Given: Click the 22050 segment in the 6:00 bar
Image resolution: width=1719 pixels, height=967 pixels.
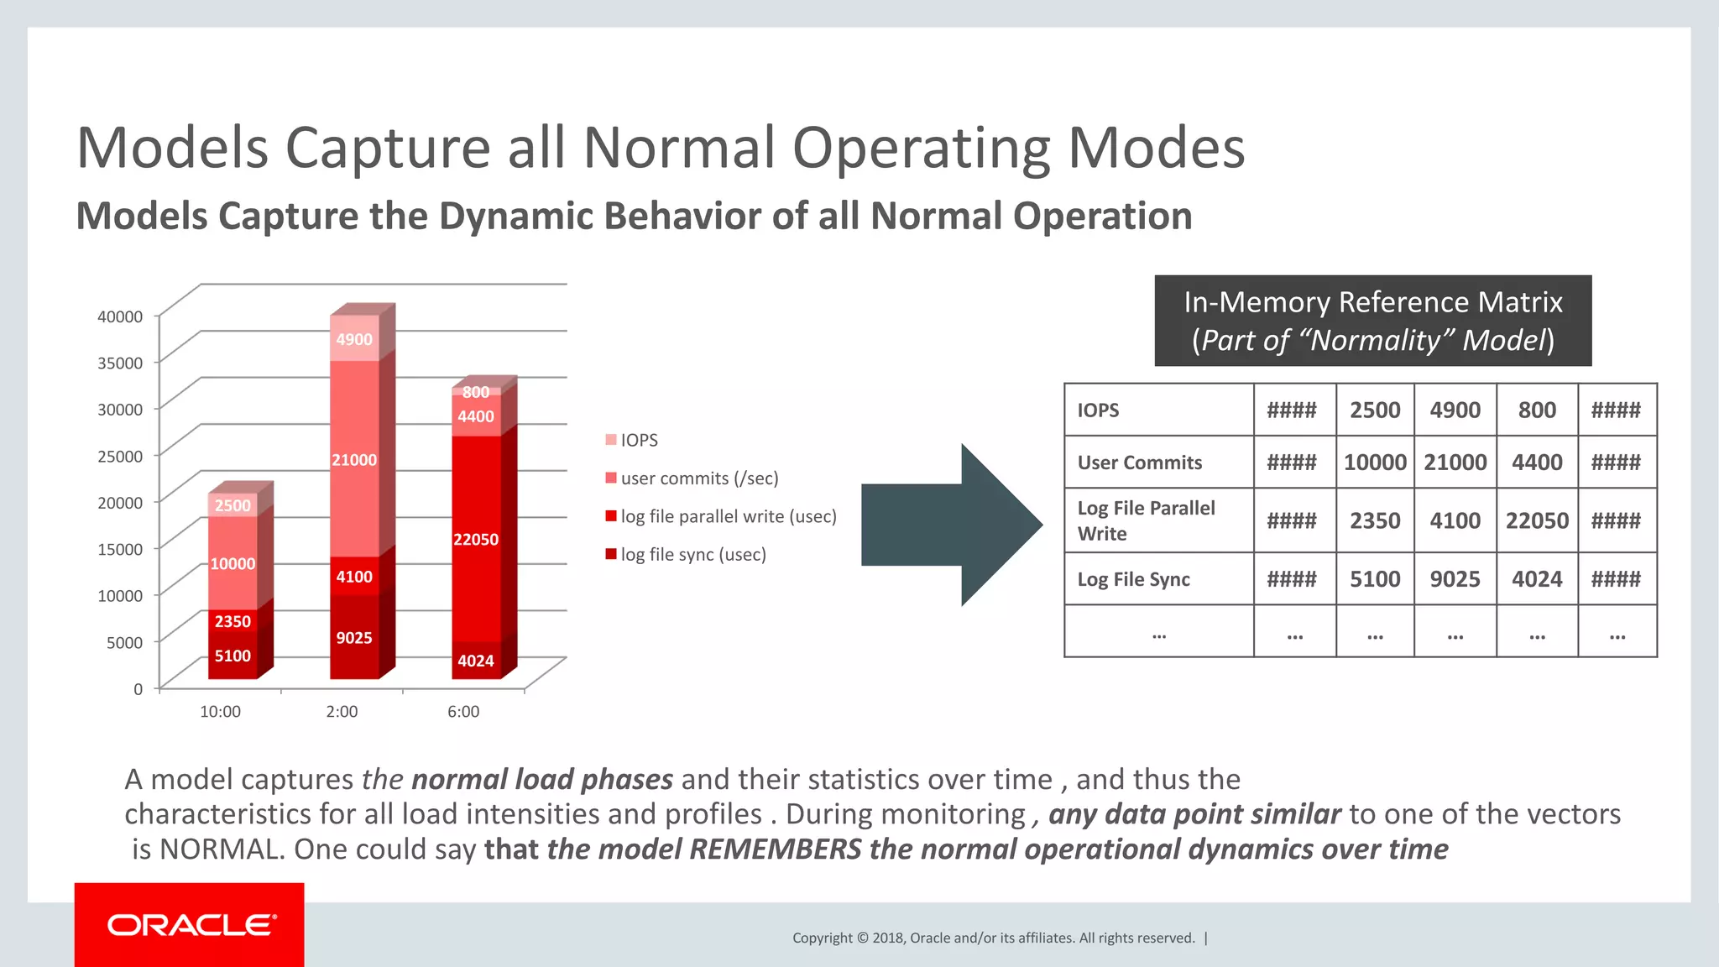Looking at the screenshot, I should (x=476, y=539).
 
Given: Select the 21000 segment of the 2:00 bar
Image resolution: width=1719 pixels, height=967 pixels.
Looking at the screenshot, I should (x=354, y=460).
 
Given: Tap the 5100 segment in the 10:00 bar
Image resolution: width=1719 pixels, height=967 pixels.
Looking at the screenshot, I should (x=233, y=656).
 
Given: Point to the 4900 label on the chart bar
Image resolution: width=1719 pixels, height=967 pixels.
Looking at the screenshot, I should (x=354, y=339).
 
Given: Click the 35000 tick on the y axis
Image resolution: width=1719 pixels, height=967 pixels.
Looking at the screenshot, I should (x=120, y=363).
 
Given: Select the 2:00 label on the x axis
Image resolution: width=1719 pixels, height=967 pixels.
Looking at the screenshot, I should (x=342, y=711).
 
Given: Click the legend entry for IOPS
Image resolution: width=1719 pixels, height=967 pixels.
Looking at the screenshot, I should (x=638, y=440).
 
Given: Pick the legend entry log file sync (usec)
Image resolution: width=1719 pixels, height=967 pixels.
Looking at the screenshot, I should (x=692, y=554).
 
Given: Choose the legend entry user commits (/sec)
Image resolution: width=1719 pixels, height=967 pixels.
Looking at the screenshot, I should (x=698, y=478).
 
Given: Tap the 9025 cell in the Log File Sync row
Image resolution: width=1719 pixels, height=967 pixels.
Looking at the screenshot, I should (x=1455, y=579).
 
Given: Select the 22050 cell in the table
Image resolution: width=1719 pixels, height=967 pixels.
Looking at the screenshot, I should (x=1537, y=520).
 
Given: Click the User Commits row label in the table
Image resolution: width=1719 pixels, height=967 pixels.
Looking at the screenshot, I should (x=1139, y=463).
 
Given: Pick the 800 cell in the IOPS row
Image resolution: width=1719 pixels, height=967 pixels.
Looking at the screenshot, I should (x=1537, y=410).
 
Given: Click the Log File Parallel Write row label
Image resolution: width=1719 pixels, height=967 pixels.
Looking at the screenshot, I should (x=1146, y=520).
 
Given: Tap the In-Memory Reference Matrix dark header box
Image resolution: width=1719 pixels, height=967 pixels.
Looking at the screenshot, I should (x=1372, y=321).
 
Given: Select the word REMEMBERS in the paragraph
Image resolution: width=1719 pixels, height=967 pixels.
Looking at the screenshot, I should (x=775, y=849).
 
